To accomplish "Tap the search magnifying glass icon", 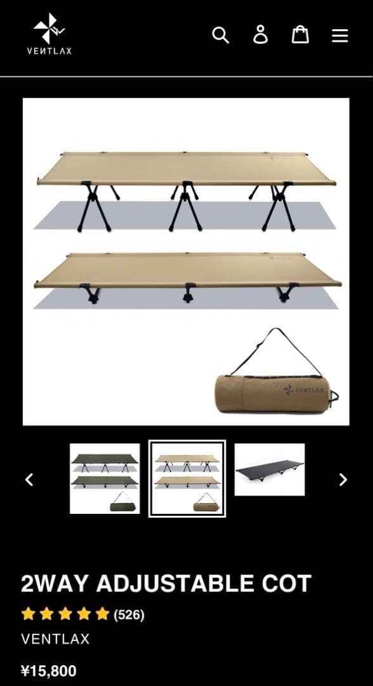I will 220,35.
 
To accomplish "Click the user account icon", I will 260,35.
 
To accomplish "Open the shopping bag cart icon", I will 300,35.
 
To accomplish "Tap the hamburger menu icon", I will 340,36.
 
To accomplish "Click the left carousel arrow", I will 29,480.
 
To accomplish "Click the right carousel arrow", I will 343,480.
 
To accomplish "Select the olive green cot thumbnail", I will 105,478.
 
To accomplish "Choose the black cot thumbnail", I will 270,470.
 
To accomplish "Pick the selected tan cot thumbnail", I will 187,478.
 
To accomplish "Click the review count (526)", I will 129,614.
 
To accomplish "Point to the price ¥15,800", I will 49,671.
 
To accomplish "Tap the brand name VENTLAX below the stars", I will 55,639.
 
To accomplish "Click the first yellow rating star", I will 28,614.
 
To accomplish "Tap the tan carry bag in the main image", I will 273,394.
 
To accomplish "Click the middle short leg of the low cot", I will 187,292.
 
